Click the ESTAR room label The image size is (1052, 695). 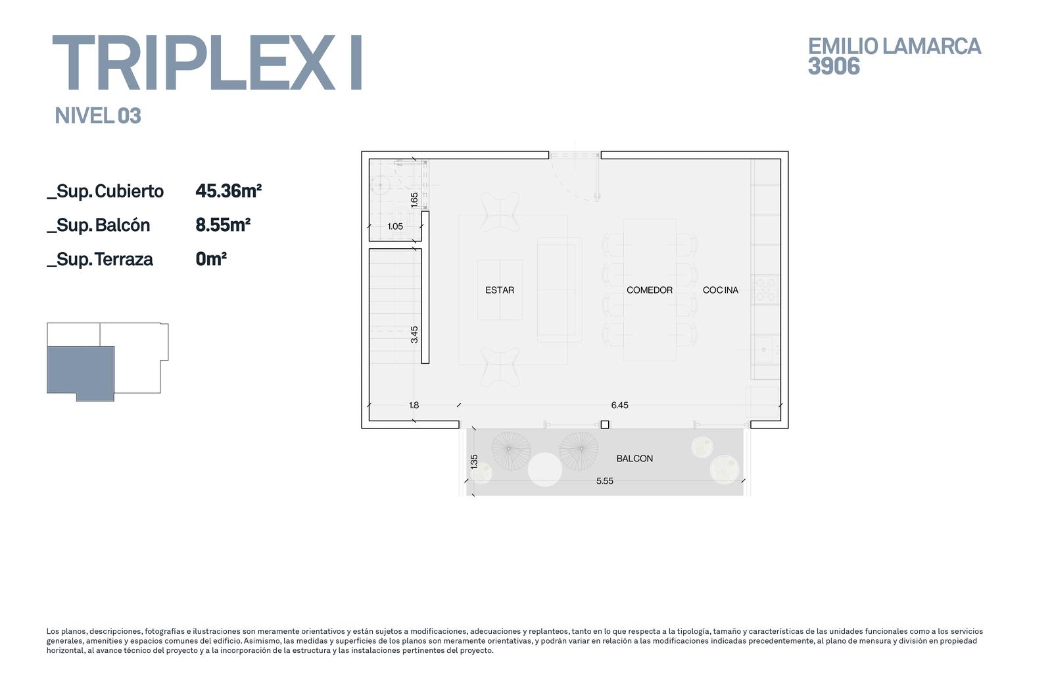tap(500, 290)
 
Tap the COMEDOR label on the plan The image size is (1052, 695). tap(650, 290)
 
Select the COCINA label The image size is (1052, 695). tap(721, 290)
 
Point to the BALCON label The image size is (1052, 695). tap(634, 459)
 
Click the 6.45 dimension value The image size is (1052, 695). tap(619, 405)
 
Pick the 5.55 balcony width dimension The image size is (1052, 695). tap(605, 481)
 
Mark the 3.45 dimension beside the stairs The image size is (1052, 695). tap(414, 334)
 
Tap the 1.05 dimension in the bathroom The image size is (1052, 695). tap(395, 226)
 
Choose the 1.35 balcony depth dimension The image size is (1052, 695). tap(474, 461)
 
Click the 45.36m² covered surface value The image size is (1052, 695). tap(228, 191)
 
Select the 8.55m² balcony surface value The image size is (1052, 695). tap(223, 225)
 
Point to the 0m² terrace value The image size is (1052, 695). tap(211, 259)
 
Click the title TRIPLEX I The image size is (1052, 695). tap(207, 62)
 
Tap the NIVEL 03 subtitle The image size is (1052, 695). tap(98, 116)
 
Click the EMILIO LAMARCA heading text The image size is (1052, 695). tap(894, 47)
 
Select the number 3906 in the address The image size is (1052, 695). tap(834, 66)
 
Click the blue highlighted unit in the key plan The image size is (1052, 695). tap(81, 373)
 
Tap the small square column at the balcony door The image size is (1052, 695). tap(605, 425)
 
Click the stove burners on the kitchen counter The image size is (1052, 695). tap(765, 290)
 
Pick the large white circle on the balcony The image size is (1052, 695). tap(545, 469)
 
